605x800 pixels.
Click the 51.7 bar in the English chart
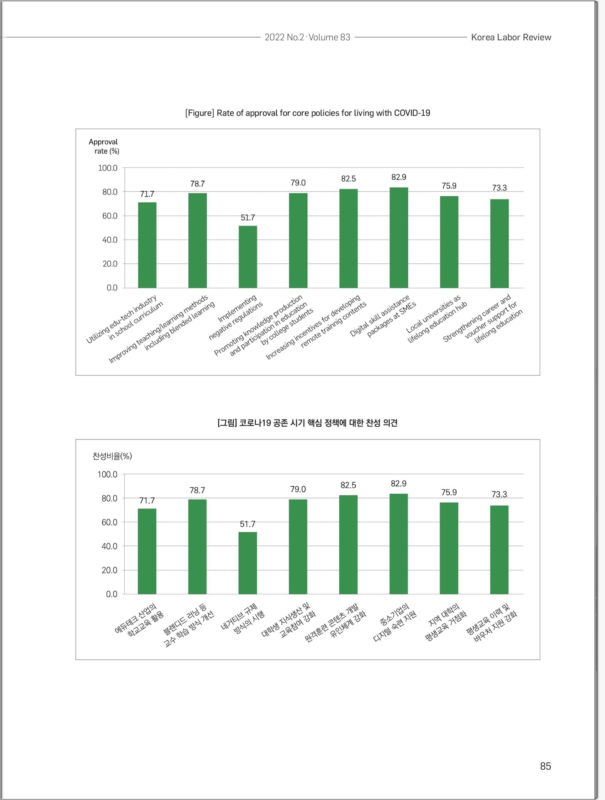pyautogui.click(x=248, y=257)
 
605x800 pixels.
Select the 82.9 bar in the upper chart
pyautogui.click(x=399, y=238)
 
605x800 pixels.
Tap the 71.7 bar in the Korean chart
pyautogui.click(x=147, y=551)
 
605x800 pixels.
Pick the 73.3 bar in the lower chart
pyautogui.click(x=499, y=550)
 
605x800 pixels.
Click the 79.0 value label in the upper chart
pyautogui.click(x=298, y=183)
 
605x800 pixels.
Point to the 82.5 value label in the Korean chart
pyautogui.click(x=348, y=485)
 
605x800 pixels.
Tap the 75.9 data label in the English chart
pyautogui.click(x=449, y=186)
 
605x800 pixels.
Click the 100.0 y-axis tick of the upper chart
pyautogui.click(x=108, y=168)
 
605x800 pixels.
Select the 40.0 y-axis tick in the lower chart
pyautogui.click(x=109, y=546)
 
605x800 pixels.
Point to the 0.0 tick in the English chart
pyautogui.click(x=112, y=288)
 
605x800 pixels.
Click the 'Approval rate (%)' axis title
pyautogui.click(x=104, y=146)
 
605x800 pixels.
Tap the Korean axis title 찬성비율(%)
pyautogui.click(x=112, y=456)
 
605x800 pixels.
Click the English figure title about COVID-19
pyautogui.click(x=308, y=113)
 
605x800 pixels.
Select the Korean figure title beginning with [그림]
pyautogui.click(x=308, y=423)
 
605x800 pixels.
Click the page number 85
pyautogui.click(x=546, y=766)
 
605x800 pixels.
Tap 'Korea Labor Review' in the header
pyautogui.click(x=511, y=37)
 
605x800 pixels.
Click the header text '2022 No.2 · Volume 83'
pyautogui.click(x=308, y=37)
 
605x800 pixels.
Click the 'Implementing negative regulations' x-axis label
pyautogui.click(x=236, y=317)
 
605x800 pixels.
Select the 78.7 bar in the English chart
pyautogui.click(x=198, y=240)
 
